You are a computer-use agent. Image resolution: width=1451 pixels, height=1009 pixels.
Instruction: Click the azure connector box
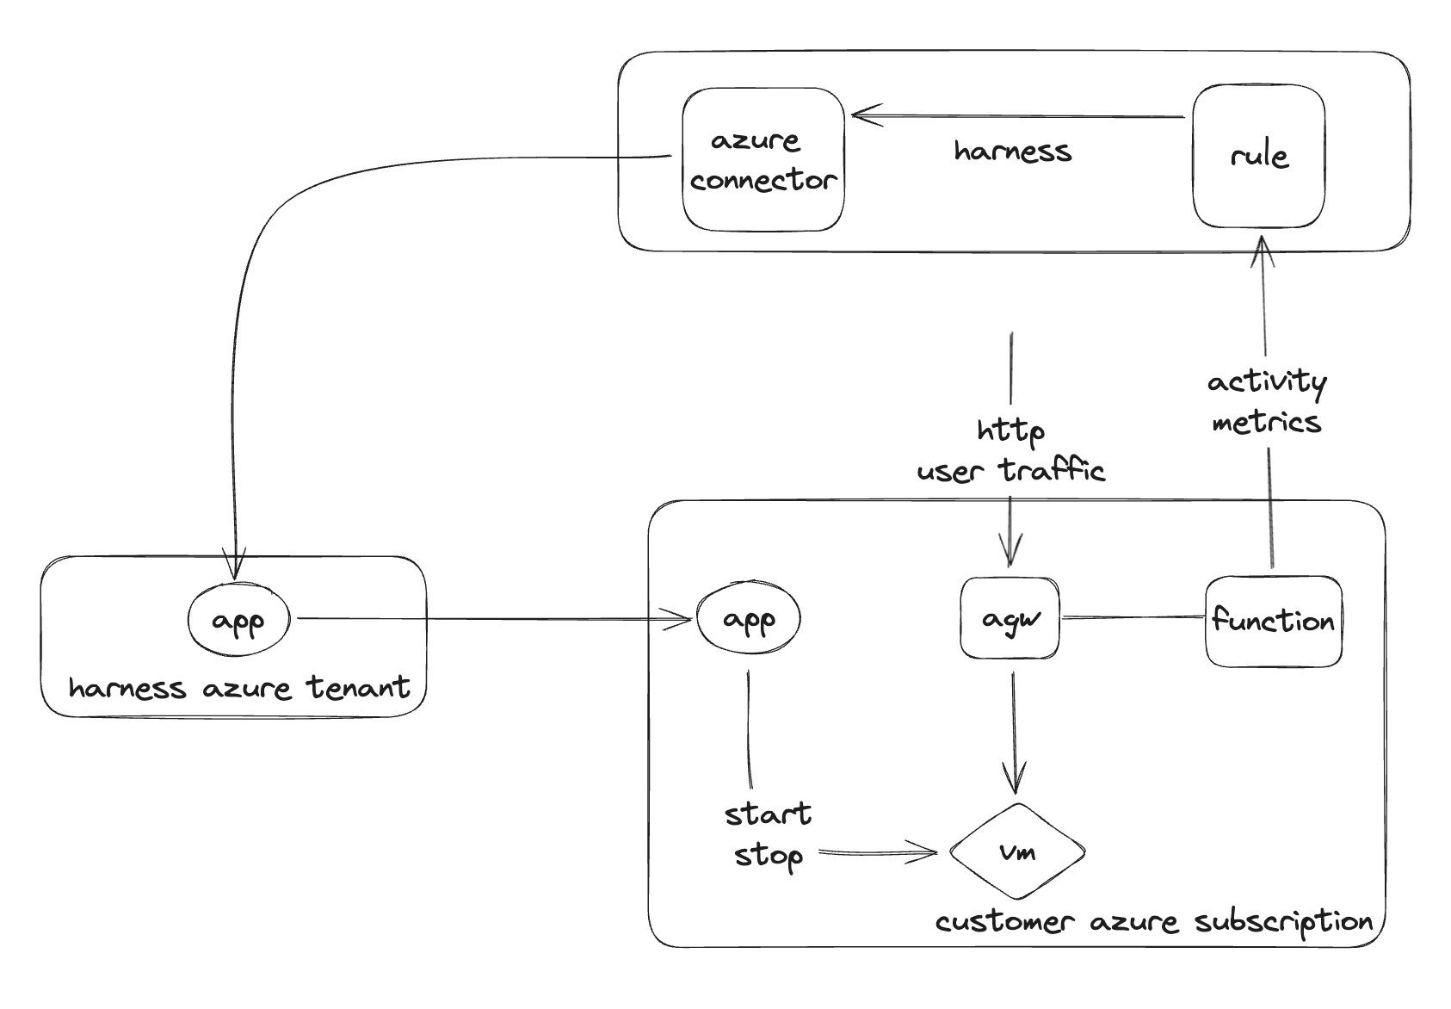click(763, 159)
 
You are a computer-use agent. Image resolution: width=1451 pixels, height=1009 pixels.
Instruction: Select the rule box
click(1258, 156)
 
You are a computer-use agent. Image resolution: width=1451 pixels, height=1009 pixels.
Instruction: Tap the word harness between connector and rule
click(1012, 152)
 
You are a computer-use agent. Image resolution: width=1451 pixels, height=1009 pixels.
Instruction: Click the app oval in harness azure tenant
click(238, 619)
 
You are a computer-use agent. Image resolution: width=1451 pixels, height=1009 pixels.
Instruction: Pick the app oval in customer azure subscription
click(748, 618)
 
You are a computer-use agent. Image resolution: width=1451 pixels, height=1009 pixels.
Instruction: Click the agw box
click(1010, 618)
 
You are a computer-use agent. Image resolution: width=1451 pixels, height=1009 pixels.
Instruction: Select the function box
click(1273, 621)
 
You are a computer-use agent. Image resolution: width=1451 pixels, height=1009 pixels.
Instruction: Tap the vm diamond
click(1017, 851)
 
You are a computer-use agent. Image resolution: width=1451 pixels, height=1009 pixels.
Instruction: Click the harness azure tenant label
click(239, 688)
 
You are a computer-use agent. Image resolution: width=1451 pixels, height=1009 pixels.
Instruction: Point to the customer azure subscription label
click(1154, 922)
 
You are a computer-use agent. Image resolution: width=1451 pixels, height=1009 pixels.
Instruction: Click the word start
click(768, 814)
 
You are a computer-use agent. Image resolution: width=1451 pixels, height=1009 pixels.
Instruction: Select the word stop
click(768, 856)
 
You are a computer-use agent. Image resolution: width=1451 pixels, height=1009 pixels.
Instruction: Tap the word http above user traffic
click(1010, 430)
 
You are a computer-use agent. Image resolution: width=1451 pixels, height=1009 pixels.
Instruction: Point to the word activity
click(1266, 381)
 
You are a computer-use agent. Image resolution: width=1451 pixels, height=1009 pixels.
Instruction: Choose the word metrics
click(1266, 423)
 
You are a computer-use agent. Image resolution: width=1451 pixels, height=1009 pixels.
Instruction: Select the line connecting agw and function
click(1132, 617)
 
